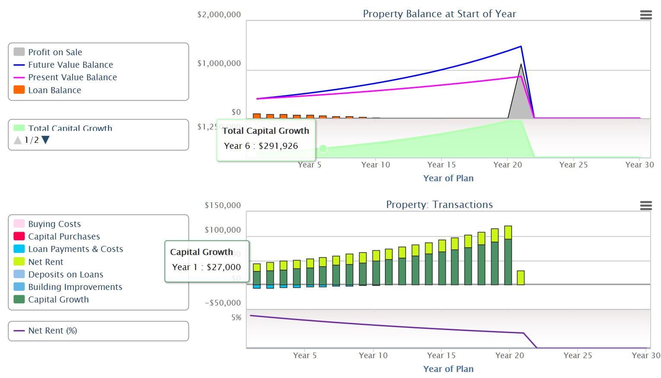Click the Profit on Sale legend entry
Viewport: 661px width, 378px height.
click(x=55, y=52)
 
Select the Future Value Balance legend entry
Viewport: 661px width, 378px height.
click(x=70, y=65)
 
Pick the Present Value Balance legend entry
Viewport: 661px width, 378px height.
click(x=72, y=77)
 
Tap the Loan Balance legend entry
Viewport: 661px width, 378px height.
click(x=54, y=90)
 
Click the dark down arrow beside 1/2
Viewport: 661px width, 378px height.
click(x=45, y=140)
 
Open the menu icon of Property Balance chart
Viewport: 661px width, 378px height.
click(x=645, y=15)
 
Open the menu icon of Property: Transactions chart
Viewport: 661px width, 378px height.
click(x=645, y=206)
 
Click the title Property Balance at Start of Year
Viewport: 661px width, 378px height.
click(x=439, y=14)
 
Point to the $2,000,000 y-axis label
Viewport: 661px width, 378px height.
click(x=219, y=15)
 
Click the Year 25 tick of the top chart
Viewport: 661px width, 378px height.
click(x=573, y=164)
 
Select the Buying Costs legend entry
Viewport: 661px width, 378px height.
click(x=54, y=224)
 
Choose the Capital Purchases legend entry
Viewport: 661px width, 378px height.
click(x=64, y=236)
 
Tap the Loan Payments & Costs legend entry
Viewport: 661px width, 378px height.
click(x=75, y=249)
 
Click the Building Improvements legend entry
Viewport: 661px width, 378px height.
click(x=75, y=287)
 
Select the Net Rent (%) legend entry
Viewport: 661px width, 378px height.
click(x=52, y=331)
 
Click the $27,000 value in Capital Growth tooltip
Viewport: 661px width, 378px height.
click(x=223, y=267)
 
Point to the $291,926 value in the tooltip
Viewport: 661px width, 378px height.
click(x=278, y=146)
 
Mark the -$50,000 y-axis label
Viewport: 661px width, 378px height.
click(x=222, y=302)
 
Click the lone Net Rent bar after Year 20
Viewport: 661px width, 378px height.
click(x=521, y=277)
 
